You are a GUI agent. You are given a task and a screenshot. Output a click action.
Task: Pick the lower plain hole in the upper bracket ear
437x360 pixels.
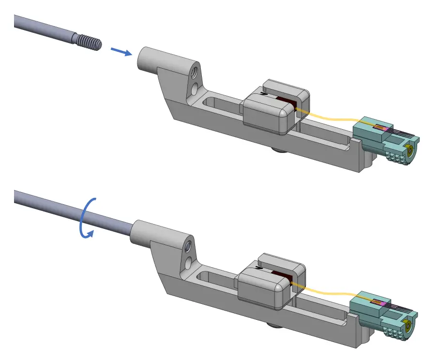pos(194,89)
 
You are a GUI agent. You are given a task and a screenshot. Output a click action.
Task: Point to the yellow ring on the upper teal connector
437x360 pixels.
pos(410,150)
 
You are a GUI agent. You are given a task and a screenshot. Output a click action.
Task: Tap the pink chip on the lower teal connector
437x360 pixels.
pos(382,303)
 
